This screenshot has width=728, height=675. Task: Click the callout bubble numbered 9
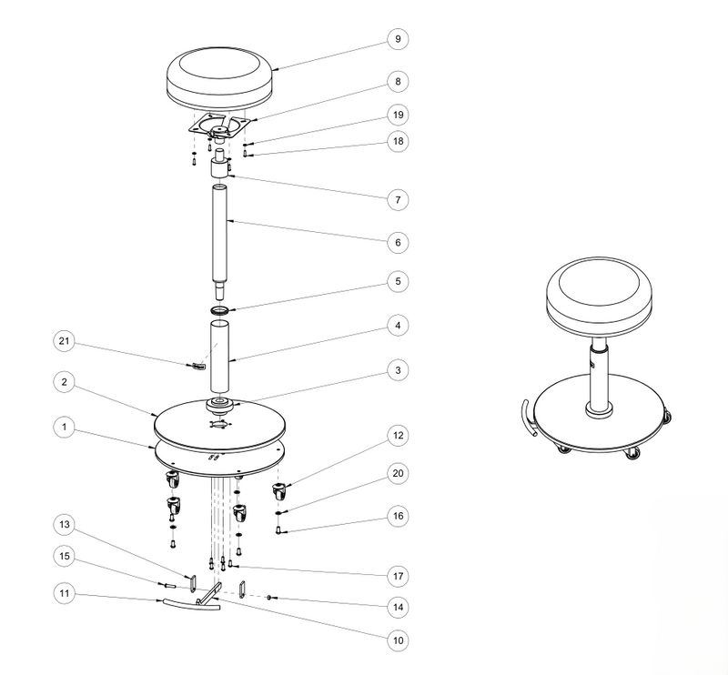click(398, 39)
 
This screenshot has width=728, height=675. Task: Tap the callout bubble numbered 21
click(64, 341)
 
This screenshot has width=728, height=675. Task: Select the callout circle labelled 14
click(398, 607)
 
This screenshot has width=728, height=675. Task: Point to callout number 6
click(398, 242)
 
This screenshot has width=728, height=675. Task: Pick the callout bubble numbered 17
click(398, 576)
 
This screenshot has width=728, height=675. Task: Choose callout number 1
click(64, 427)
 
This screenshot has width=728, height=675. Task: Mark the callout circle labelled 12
click(398, 436)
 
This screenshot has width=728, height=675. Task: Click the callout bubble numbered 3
click(398, 370)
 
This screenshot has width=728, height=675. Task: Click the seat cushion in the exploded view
click(219, 76)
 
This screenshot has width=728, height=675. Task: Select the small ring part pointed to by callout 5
click(220, 309)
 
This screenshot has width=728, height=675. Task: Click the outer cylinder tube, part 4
click(219, 357)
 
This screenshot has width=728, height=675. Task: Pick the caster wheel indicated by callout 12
click(279, 490)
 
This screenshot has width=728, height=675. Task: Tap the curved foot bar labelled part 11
click(191, 604)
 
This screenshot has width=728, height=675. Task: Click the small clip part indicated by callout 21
click(197, 367)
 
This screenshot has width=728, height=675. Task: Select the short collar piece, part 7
click(219, 168)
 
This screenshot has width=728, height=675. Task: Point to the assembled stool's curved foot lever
click(527, 418)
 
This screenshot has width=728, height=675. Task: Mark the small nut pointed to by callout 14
click(268, 597)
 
